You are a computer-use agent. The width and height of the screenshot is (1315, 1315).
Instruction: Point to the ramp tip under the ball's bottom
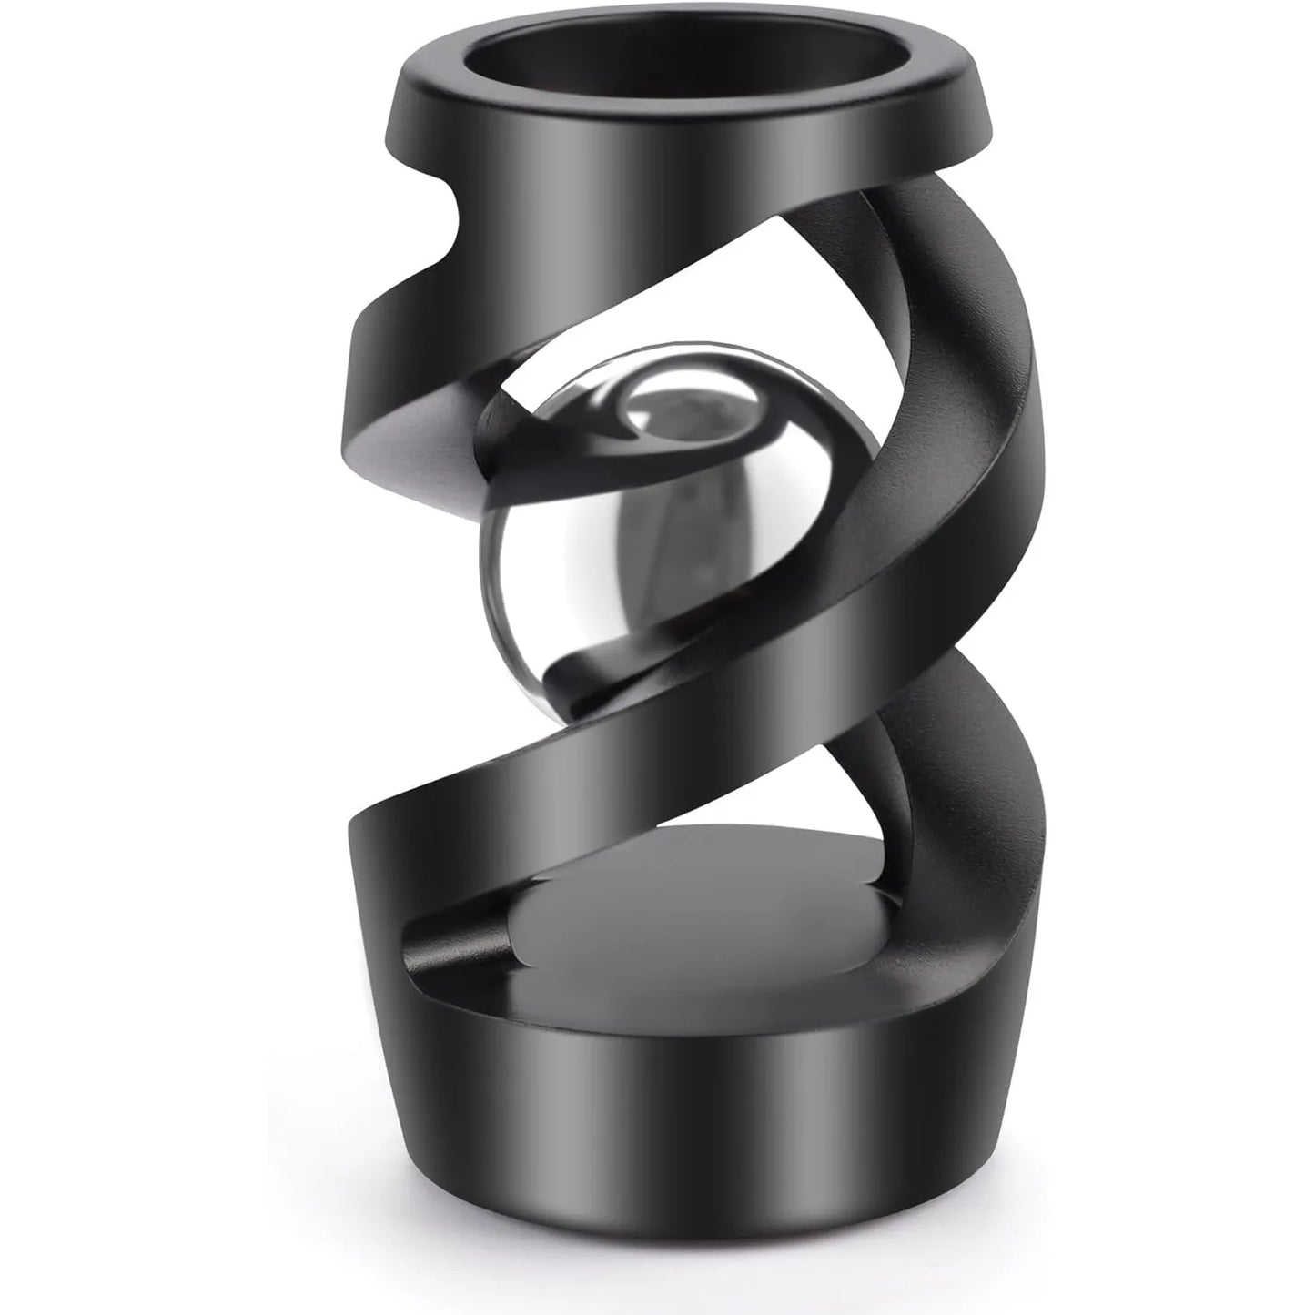click(x=560, y=664)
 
